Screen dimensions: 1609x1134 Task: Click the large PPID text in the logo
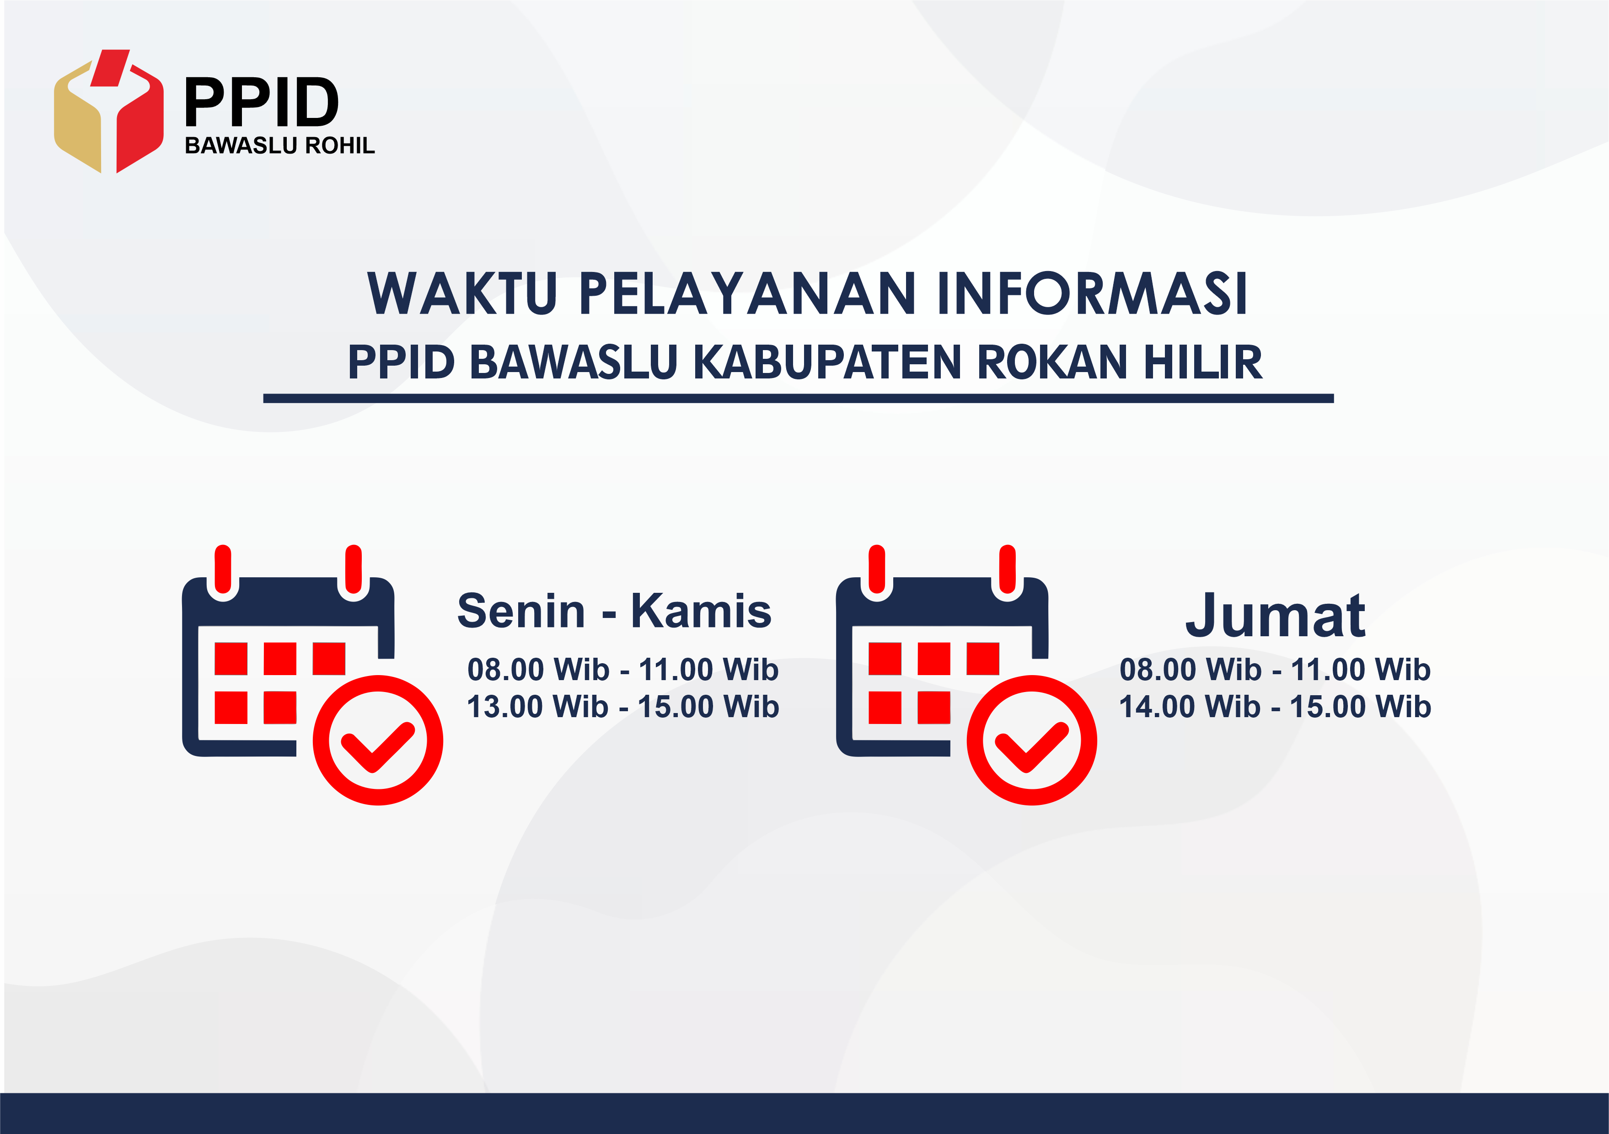tap(262, 102)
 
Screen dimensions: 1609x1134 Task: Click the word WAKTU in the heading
tap(462, 293)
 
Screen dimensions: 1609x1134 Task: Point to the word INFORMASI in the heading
tap(1093, 293)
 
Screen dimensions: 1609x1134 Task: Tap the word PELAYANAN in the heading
tap(747, 293)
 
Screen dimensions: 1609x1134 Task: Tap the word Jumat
tap(1276, 617)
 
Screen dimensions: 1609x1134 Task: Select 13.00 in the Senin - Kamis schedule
tap(503, 707)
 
